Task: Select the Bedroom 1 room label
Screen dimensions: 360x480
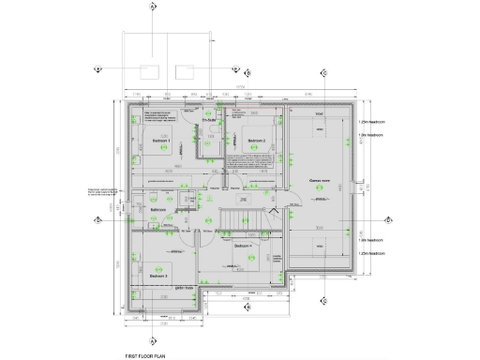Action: point(161,142)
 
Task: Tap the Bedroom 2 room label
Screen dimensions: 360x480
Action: point(257,142)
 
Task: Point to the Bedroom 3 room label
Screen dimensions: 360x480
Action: point(159,277)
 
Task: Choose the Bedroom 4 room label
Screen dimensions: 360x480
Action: point(244,246)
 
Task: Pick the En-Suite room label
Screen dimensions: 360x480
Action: point(210,120)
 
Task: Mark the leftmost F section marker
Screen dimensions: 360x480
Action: point(97,69)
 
